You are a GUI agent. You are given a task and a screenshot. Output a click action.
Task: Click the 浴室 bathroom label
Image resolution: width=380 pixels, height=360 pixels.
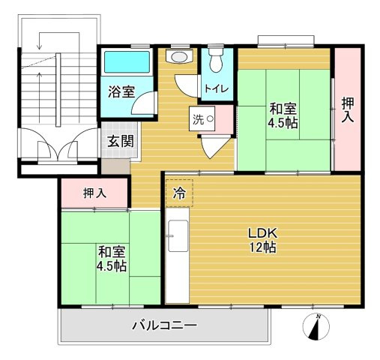pyautogui.click(x=121, y=92)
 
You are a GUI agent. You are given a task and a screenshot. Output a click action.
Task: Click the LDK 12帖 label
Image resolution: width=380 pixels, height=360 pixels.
pyautogui.click(x=263, y=238)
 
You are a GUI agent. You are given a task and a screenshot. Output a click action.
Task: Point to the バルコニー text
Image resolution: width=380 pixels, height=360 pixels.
pyautogui.click(x=164, y=325)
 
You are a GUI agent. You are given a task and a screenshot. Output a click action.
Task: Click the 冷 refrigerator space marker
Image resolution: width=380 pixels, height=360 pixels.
pyautogui.click(x=179, y=193)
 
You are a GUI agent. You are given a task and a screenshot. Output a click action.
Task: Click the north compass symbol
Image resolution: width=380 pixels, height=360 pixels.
pyautogui.click(x=316, y=327)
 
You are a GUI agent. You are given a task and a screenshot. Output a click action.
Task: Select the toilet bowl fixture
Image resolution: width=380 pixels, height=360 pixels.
pyautogui.click(x=217, y=60)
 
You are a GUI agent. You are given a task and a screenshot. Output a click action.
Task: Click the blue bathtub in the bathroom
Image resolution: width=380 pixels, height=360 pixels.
pyautogui.click(x=126, y=63)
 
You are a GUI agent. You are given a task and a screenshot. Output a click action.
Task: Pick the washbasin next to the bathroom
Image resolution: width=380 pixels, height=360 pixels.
pyautogui.click(x=178, y=56)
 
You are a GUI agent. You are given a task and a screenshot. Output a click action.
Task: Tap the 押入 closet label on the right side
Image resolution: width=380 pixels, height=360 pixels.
pyautogui.click(x=346, y=110)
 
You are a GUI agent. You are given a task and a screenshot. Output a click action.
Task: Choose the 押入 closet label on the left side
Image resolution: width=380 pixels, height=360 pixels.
pyautogui.click(x=94, y=193)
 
